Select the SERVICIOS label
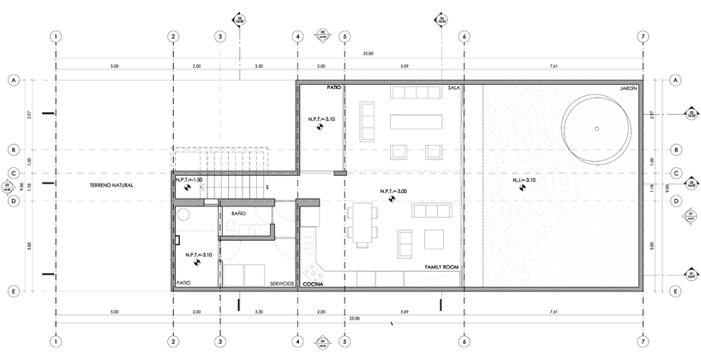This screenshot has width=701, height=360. point(281,283)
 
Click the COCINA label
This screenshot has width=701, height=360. point(312,283)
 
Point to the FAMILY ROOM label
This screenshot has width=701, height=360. point(442,267)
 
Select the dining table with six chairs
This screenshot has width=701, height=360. point(364,222)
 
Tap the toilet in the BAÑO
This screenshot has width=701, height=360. point(240,226)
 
